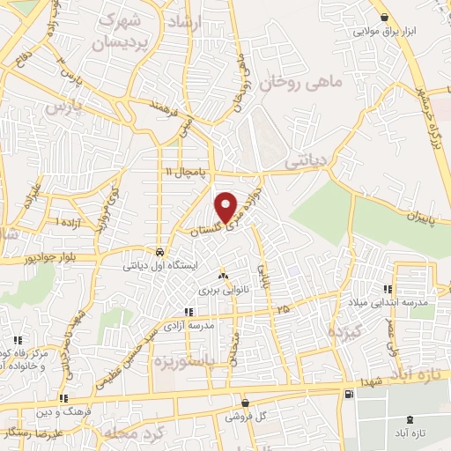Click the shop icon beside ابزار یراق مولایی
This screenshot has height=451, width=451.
coord(383,16)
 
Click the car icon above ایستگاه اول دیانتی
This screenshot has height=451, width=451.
coord(158,249)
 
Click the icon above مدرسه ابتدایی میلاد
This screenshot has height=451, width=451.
coord(387,289)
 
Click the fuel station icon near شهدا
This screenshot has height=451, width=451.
coord(351,393)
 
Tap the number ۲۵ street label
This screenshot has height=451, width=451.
coord(282,309)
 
